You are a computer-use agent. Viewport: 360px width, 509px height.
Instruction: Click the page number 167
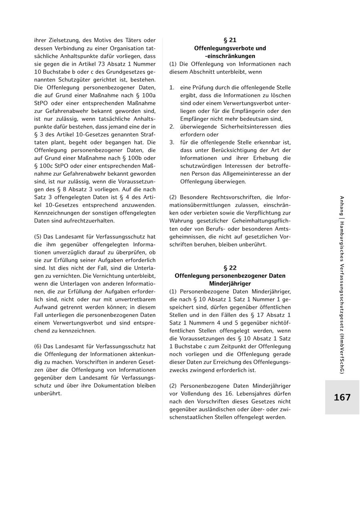point(342,397)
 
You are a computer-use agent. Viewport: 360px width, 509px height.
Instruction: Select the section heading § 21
point(230,40)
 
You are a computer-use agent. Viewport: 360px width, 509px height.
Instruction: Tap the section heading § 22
point(230,268)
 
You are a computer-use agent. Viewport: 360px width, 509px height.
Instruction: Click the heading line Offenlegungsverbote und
point(230,48)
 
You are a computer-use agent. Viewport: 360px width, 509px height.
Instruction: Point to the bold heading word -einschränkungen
point(230,56)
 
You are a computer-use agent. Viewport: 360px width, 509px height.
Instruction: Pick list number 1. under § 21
point(172,87)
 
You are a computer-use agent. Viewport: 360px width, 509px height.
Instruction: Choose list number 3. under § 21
point(172,142)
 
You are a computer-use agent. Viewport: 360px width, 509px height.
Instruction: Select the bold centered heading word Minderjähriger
point(230,283)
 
